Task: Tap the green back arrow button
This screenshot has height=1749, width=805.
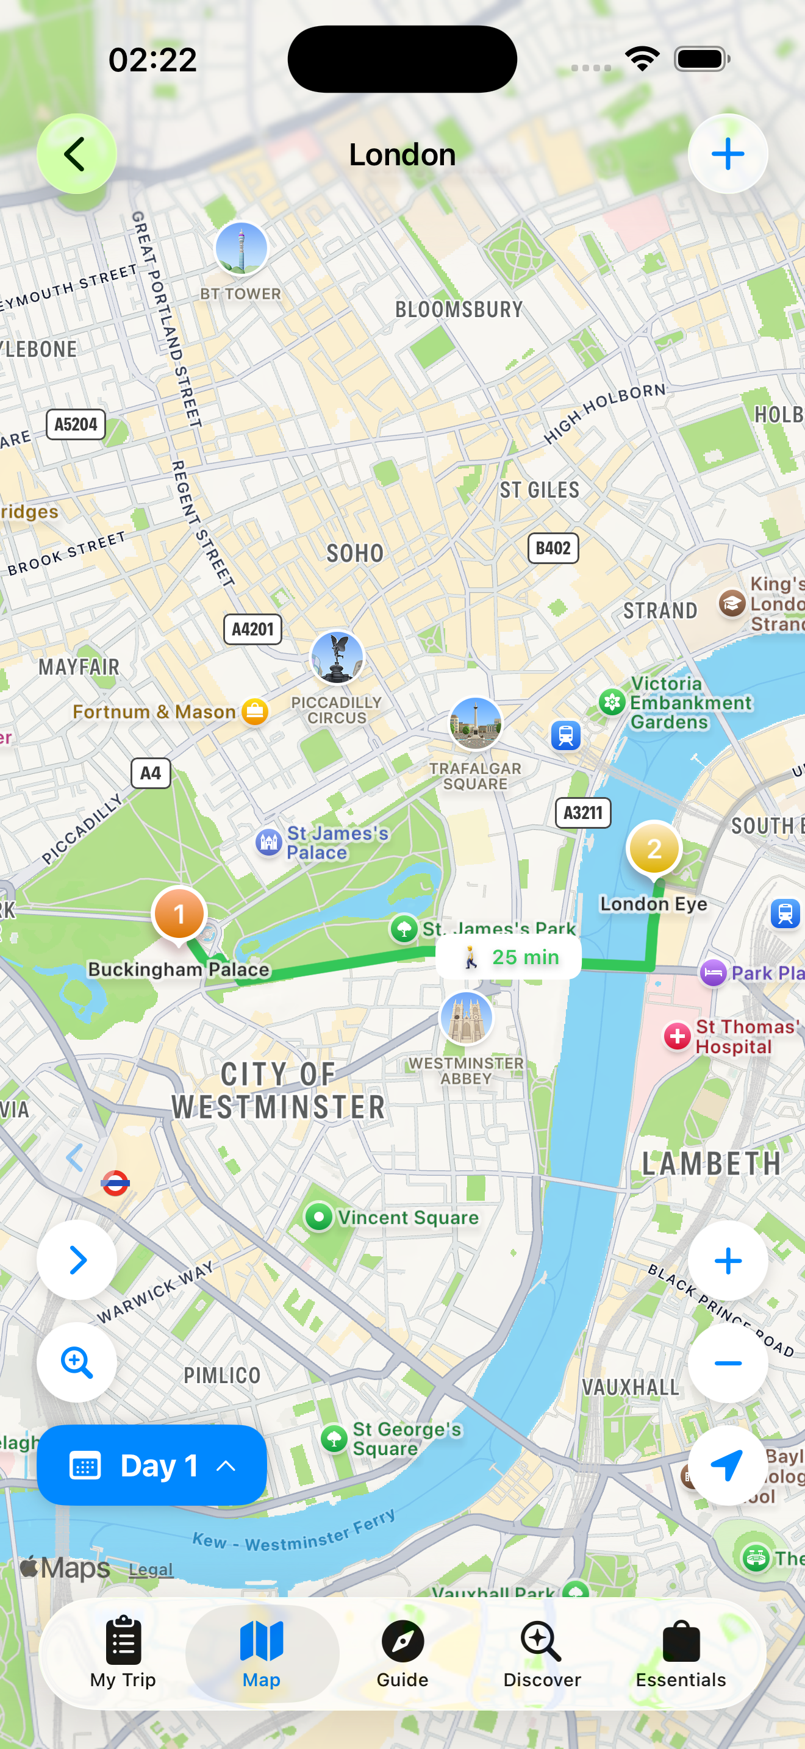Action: (76, 154)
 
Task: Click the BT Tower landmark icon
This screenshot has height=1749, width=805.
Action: (241, 248)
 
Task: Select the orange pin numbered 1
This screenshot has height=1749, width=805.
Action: (179, 914)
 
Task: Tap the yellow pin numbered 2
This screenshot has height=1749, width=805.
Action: (654, 849)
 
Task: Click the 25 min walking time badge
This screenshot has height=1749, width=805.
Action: (509, 957)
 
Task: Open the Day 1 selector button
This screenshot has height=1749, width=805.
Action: (151, 1465)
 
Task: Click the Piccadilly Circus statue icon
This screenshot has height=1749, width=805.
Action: (337, 657)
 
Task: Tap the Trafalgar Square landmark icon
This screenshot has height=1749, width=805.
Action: (475, 724)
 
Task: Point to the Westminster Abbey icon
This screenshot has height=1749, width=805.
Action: (466, 1017)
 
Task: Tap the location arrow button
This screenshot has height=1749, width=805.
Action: (728, 1465)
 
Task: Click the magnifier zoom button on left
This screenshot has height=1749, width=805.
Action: (77, 1362)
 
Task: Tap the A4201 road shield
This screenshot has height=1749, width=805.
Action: (252, 629)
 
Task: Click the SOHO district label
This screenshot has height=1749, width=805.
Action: (355, 553)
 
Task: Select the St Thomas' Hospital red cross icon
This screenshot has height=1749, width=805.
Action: (677, 1037)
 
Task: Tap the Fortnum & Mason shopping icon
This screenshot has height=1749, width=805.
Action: (255, 712)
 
